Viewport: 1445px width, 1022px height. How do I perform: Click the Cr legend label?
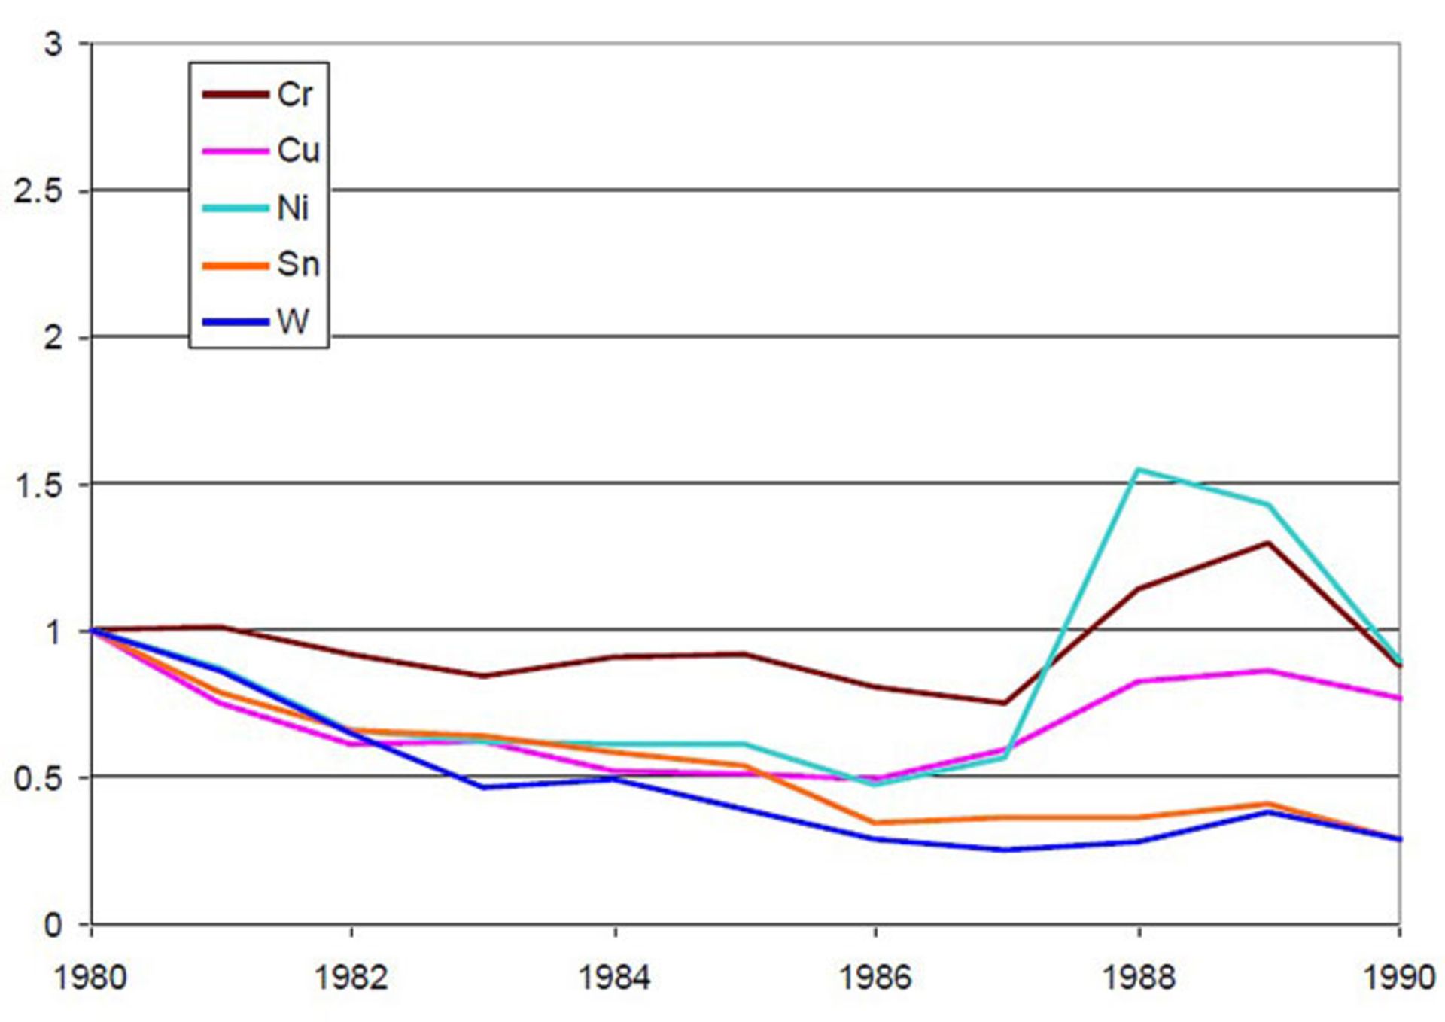point(294,95)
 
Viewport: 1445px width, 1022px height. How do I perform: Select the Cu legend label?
point(298,151)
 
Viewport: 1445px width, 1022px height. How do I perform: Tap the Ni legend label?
point(293,208)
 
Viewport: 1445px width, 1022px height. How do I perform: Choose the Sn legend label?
point(298,264)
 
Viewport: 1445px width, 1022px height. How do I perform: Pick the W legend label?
point(293,321)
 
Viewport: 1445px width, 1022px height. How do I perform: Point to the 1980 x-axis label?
point(91,978)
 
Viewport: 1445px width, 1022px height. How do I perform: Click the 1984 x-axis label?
point(615,978)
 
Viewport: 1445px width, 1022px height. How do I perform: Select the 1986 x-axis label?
point(875,978)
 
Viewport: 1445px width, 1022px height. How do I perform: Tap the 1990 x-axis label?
point(1399,978)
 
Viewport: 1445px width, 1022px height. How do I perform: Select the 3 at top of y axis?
point(53,44)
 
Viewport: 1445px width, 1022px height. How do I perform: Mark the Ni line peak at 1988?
point(1138,470)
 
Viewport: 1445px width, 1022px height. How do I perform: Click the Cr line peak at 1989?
point(1269,543)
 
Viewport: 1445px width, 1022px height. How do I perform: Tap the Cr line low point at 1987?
point(1005,703)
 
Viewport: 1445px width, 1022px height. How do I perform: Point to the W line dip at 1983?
point(482,787)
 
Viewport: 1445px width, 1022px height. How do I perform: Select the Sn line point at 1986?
point(875,823)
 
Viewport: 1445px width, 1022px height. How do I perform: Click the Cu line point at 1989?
point(1269,671)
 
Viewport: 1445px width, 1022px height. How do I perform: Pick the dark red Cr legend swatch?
point(235,95)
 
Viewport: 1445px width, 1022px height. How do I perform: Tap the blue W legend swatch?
point(235,322)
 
